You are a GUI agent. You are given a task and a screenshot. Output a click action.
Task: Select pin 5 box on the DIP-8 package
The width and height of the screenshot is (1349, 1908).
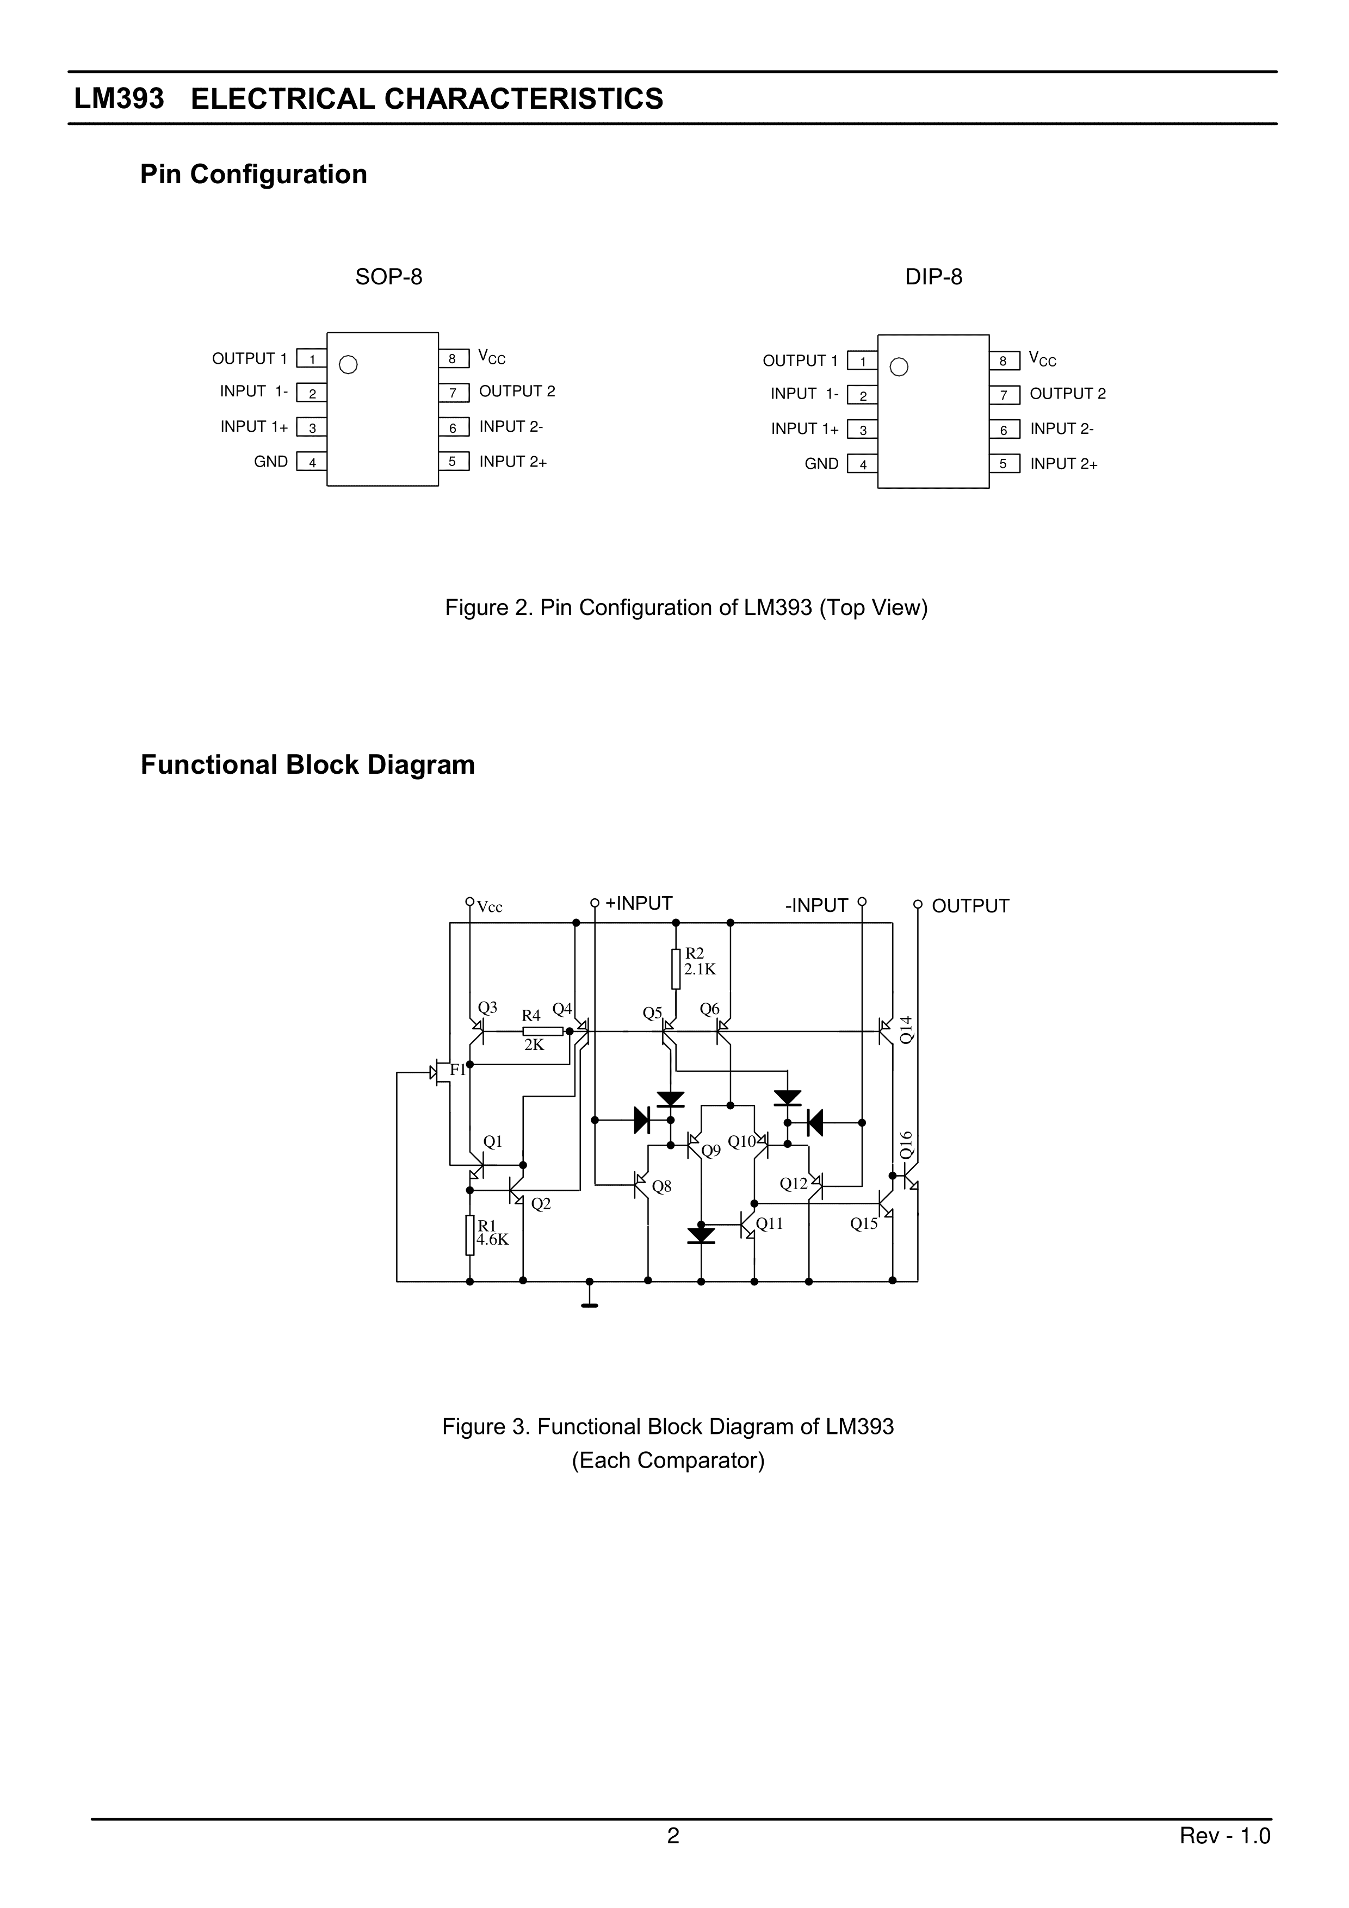coord(1004,464)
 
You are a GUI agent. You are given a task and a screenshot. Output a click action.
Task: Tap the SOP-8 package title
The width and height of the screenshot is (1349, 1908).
coord(388,277)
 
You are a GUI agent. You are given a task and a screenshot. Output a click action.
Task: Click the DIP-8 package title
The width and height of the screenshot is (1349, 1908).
coord(933,277)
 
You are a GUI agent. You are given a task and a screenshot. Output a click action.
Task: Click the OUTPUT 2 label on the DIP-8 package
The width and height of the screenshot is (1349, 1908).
coord(1067,394)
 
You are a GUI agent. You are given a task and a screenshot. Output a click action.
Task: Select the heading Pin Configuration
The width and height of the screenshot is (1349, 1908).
coord(253,175)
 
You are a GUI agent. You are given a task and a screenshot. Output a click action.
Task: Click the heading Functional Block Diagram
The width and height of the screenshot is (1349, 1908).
coord(307,765)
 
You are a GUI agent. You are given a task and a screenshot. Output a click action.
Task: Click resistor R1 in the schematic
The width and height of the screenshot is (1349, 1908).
coord(469,1236)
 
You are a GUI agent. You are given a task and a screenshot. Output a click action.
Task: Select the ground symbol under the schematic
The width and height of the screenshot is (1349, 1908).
coord(589,1304)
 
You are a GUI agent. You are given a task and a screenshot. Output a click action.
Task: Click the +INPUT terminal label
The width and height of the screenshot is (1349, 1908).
coord(639,903)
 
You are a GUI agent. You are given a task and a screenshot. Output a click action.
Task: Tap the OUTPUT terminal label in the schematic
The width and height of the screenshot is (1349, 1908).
coord(970,906)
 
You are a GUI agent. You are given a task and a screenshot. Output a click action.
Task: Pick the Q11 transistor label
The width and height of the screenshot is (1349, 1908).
coord(770,1223)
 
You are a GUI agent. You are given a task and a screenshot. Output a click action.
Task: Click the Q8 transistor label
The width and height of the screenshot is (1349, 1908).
coord(661,1186)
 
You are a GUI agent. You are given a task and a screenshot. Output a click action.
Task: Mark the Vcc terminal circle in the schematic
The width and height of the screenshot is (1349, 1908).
coord(469,902)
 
